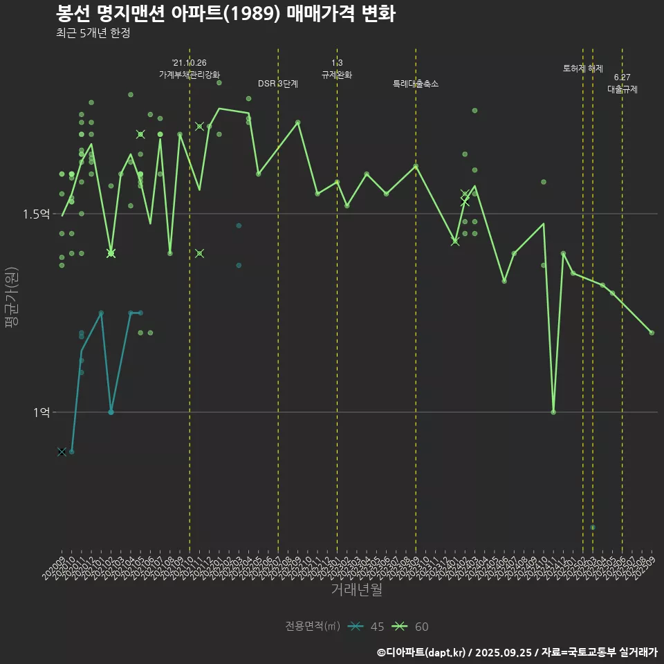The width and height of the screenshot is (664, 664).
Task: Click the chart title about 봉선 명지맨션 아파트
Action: [x=225, y=14]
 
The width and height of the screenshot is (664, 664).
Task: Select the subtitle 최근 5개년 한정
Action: [x=93, y=33]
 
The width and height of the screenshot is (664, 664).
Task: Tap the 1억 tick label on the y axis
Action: [x=41, y=412]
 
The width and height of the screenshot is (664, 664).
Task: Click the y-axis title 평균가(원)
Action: [x=10, y=298]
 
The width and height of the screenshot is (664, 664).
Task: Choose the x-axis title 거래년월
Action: [x=356, y=590]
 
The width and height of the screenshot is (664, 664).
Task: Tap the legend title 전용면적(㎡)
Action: [x=313, y=627]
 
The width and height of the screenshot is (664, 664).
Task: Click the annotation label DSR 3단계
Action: [x=278, y=84]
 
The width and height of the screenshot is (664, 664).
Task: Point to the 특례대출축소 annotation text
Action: [x=416, y=84]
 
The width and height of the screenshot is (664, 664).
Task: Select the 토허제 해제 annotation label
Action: [x=583, y=68]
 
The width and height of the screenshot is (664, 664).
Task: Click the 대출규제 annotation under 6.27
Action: [x=622, y=89]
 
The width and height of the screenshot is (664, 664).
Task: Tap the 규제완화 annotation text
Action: [x=337, y=75]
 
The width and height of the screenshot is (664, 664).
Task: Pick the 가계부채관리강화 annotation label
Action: [x=190, y=74]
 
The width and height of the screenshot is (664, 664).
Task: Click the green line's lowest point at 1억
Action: [x=553, y=412]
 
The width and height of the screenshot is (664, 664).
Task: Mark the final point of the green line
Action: [x=652, y=333]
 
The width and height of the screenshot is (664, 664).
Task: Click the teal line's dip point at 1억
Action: [x=111, y=412]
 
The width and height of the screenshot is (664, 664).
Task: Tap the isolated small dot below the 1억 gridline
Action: [x=593, y=528]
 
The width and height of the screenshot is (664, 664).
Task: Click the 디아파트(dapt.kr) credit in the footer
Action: [x=425, y=652]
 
